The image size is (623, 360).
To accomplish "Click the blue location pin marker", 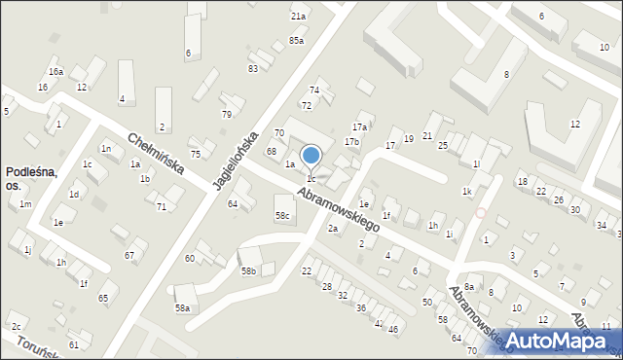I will (311, 156).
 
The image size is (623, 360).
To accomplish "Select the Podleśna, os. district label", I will (31, 178).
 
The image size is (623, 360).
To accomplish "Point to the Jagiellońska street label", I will (237, 162).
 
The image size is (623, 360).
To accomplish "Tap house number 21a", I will (298, 17).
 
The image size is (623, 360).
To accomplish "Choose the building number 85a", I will (296, 40).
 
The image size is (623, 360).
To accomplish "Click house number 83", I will (253, 68).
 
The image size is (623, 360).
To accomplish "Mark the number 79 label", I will (227, 115).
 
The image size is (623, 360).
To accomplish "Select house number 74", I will (314, 90).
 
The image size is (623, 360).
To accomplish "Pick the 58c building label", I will (282, 215).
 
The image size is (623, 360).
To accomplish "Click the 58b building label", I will (248, 270).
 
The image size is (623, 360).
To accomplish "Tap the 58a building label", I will (182, 307).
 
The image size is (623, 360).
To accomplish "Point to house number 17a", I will (359, 126).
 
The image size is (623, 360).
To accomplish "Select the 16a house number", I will (56, 72).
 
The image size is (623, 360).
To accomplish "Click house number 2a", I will (333, 228).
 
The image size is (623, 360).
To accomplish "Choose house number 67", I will (129, 255).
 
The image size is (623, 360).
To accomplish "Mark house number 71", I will (162, 207).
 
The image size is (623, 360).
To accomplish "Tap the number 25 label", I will (442, 145).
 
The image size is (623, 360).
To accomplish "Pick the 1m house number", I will (25, 203).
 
